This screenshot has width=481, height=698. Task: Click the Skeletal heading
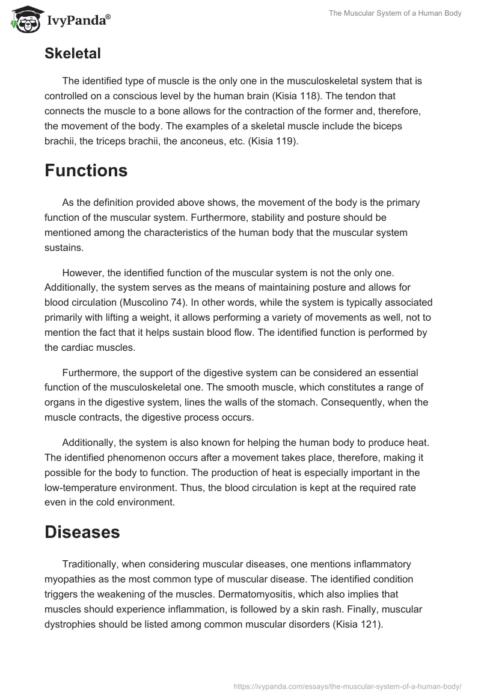click(72, 54)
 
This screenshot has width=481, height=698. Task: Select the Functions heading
click(86, 170)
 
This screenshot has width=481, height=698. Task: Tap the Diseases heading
click(82, 533)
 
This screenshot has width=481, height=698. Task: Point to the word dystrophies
click(71, 625)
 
